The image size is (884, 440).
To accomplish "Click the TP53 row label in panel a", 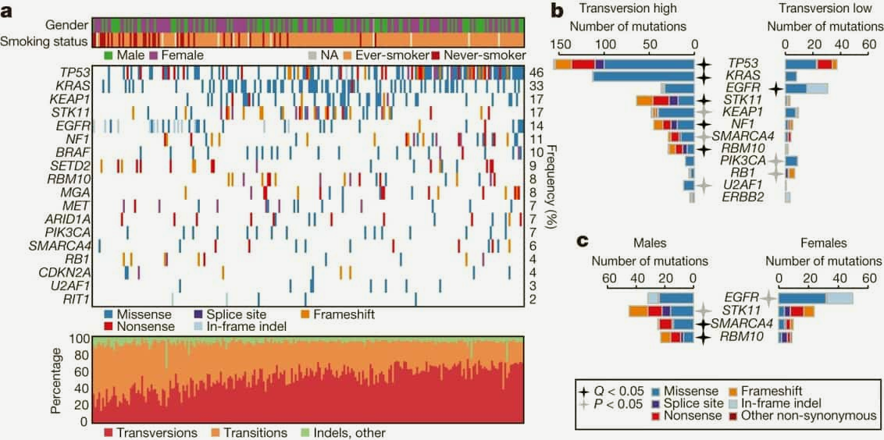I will click(73, 72).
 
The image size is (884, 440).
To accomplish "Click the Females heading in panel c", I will click(823, 243).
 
